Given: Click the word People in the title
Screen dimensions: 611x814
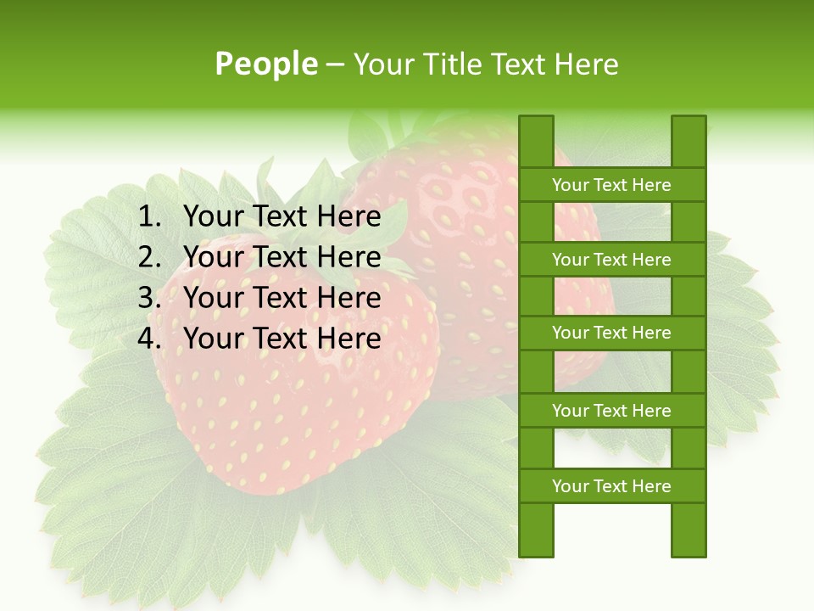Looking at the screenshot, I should tap(265, 64).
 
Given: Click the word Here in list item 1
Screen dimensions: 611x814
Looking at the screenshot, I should tap(348, 217).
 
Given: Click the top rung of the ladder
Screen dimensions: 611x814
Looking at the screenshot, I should tap(611, 184).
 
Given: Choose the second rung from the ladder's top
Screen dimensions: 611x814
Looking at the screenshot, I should tap(611, 259).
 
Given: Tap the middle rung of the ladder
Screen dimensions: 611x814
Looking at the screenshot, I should tap(611, 333).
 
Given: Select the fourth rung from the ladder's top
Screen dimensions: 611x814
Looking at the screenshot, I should tap(611, 410).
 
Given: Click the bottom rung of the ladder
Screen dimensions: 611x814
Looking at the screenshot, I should tap(611, 485).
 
